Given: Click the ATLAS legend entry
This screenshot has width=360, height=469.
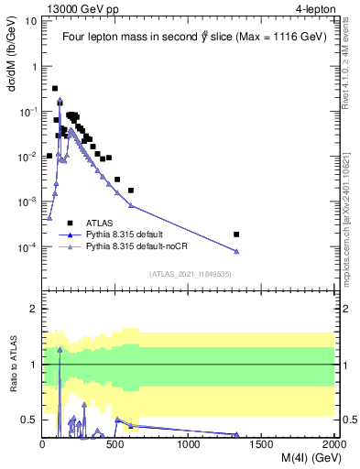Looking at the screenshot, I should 100,223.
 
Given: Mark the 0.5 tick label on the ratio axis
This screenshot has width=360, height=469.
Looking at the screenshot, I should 28,420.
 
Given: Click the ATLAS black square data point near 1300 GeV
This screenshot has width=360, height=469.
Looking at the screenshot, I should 236,234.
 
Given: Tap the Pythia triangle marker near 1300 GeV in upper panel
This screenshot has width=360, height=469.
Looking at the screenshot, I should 236,252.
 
